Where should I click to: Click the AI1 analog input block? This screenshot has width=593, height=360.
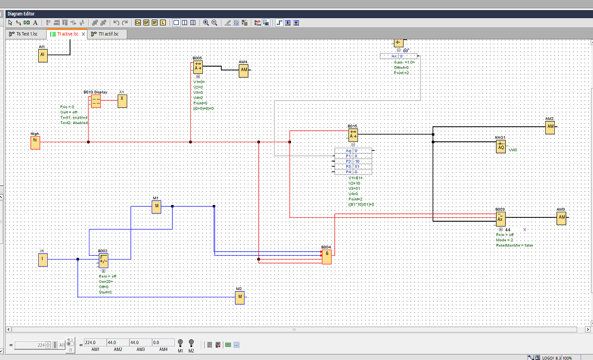(43, 56)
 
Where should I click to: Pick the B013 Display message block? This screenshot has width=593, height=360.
(96, 101)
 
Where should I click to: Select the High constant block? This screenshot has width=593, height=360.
(35, 142)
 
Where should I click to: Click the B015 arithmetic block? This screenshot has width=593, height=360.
(353, 135)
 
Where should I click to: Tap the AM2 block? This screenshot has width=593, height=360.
(550, 128)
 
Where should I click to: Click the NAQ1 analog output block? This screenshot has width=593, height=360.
(501, 146)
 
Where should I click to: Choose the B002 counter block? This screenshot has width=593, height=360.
(104, 260)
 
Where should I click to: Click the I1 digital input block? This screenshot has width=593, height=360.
(43, 260)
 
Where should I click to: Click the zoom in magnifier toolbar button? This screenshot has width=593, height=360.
(206, 23)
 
